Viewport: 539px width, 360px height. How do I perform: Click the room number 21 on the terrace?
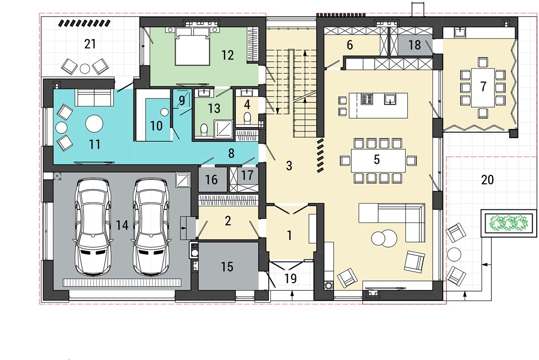pos(90,44)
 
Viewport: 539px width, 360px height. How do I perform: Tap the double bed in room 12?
pos(193,46)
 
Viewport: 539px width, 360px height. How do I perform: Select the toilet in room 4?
pos(247,118)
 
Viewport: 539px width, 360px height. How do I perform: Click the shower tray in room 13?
pos(223,129)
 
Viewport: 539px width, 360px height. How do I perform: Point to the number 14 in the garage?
pos(122,225)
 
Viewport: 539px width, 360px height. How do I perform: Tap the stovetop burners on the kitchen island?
pos(367,99)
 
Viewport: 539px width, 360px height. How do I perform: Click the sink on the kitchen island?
pos(390,99)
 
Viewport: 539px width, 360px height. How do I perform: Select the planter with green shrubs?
pos(508,223)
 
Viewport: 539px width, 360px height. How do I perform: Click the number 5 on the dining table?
pos(376,160)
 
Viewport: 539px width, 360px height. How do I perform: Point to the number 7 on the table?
pos(483,86)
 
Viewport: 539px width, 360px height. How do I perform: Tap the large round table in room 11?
pos(94,123)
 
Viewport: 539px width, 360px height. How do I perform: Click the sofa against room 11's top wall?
pos(94,97)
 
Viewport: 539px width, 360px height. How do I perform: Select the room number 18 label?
pos(415,45)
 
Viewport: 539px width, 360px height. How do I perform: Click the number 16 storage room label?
pos(212,180)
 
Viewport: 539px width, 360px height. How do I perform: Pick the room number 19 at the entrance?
pos(291,279)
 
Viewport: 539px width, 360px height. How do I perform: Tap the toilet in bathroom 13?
pos(204,129)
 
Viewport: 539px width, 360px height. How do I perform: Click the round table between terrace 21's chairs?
pos(85,68)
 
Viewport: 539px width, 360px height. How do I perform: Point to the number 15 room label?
pos(227,267)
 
